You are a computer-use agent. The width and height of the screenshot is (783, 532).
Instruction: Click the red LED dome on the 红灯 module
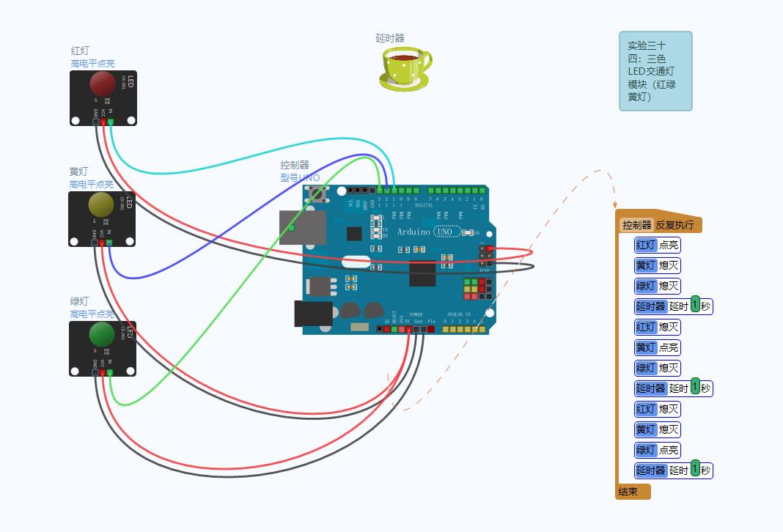click(102, 84)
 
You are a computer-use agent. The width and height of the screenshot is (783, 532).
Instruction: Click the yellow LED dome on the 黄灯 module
click(100, 204)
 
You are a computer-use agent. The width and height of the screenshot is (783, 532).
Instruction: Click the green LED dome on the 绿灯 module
click(101, 334)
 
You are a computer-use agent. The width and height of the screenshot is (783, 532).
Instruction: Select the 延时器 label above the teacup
click(390, 38)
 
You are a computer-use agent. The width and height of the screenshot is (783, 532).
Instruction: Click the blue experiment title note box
click(655, 71)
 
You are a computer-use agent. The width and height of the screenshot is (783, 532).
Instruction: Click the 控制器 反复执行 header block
click(659, 225)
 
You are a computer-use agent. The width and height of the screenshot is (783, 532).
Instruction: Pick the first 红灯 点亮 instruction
click(658, 245)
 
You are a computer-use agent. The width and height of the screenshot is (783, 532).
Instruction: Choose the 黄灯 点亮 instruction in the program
click(658, 347)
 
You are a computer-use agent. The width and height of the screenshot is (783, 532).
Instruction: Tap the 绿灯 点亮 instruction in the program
click(658, 450)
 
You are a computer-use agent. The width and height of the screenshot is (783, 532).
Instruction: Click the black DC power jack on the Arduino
click(313, 314)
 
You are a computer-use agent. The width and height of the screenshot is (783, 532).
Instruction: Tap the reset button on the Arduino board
click(318, 194)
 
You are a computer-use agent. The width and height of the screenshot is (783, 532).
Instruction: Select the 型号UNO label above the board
click(300, 177)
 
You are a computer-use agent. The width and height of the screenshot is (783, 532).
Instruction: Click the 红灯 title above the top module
click(80, 51)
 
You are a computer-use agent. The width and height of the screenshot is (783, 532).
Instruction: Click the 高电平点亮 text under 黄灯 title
click(92, 185)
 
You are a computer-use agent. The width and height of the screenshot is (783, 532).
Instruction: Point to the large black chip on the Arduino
click(422, 273)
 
